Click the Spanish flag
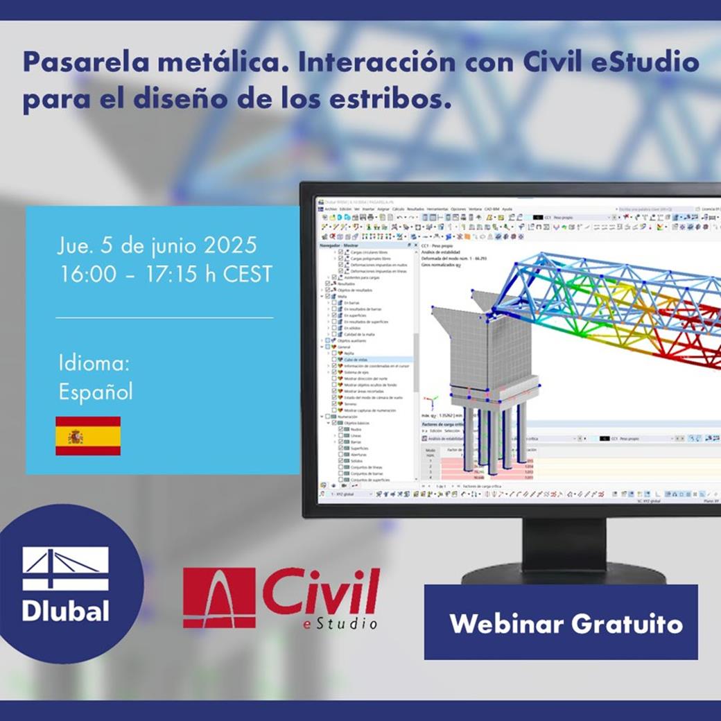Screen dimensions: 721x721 [88, 436]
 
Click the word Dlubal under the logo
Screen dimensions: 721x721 [65, 611]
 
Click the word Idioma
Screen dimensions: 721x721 [94, 363]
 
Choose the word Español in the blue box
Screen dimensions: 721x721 [96, 392]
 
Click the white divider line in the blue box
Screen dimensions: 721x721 [164, 318]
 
